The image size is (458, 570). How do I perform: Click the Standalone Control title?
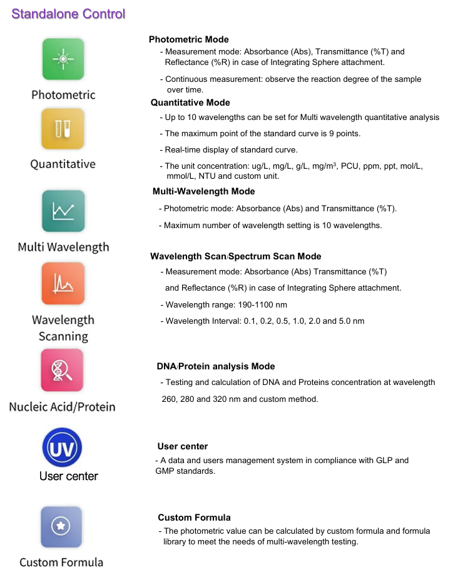click(x=68, y=14)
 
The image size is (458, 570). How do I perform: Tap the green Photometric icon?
click(x=63, y=59)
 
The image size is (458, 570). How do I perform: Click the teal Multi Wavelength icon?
click(x=63, y=211)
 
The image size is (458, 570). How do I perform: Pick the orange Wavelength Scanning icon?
click(x=63, y=283)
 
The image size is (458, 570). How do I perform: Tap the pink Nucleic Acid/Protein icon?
click(x=62, y=370)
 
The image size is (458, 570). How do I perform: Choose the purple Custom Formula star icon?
click(x=61, y=527)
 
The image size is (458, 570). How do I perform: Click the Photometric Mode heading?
click(x=189, y=40)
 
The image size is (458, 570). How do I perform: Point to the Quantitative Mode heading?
click(x=190, y=102)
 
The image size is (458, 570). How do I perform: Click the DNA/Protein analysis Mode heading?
click(x=216, y=366)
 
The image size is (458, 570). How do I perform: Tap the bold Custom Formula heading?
click(x=194, y=517)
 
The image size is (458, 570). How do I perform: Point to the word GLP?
click(x=385, y=461)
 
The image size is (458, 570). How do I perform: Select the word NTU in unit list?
click(x=211, y=176)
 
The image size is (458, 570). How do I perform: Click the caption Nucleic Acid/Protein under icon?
click(x=62, y=407)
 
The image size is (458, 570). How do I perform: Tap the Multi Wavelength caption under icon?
click(x=63, y=247)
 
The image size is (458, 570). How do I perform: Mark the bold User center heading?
click(x=183, y=446)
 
